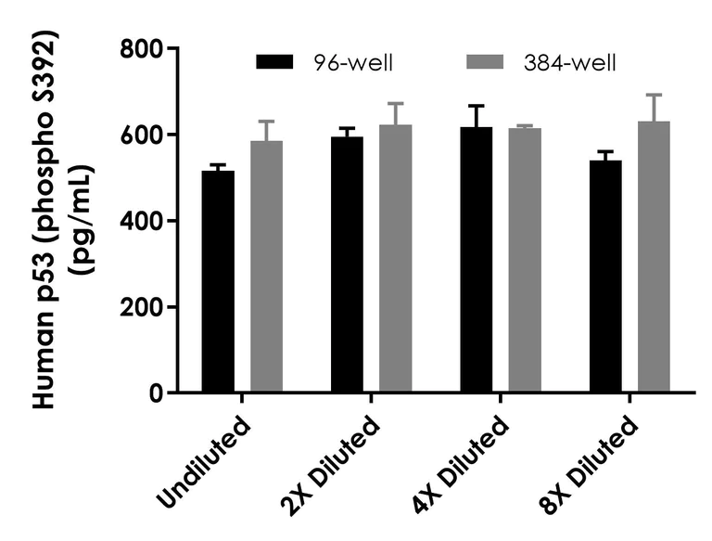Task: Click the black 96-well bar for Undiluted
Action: [x=219, y=281]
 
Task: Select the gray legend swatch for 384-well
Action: [x=483, y=63]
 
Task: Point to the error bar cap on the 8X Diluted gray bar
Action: [x=654, y=95]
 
